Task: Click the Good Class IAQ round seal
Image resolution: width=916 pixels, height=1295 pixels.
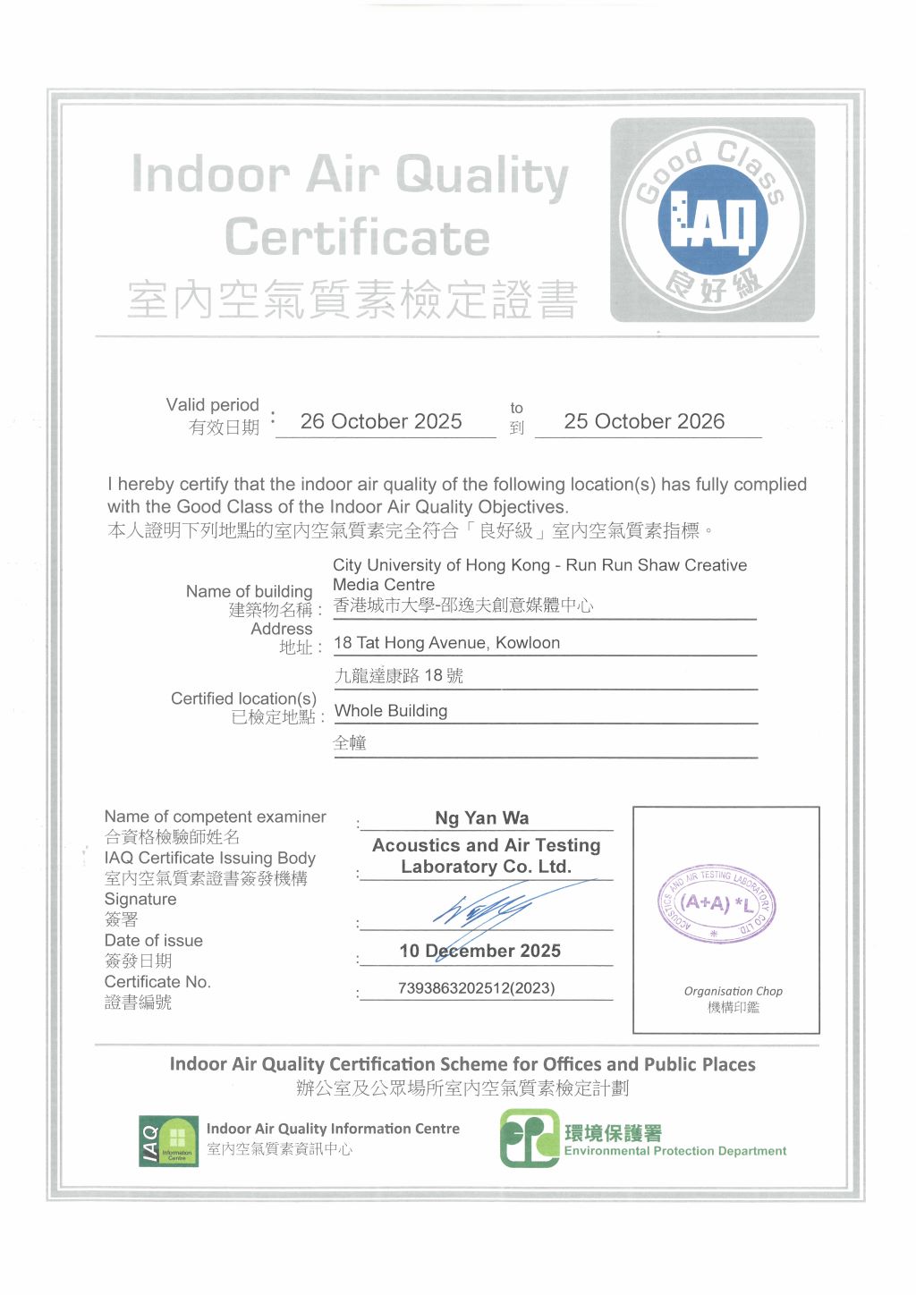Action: [712, 220]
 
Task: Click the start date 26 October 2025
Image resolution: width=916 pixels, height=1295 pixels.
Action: [381, 421]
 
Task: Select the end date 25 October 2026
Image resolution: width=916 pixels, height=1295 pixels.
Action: [644, 421]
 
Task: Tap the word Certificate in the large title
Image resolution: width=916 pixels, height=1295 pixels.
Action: [357, 238]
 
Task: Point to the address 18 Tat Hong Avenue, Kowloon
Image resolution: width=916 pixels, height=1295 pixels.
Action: [446, 643]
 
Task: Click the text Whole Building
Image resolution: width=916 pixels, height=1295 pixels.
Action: [391, 711]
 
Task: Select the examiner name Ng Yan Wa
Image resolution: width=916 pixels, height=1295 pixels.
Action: [482, 817]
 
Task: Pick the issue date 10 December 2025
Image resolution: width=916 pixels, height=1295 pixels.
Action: [480, 951]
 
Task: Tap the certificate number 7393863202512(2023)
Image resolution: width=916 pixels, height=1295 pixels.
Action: [476, 988]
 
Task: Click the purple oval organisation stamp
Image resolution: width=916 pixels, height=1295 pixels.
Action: [716, 904]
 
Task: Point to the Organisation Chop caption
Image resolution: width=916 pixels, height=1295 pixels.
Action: [733, 991]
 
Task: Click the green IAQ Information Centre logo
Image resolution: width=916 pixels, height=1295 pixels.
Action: [168, 1141]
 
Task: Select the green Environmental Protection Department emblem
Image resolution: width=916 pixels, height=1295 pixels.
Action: [529, 1138]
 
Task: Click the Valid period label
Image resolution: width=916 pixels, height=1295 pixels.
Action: [212, 405]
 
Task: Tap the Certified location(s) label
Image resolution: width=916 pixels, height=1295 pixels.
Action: [243, 698]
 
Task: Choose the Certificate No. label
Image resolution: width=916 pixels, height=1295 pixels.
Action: [157, 982]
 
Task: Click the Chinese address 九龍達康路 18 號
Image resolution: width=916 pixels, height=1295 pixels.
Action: [399, 676]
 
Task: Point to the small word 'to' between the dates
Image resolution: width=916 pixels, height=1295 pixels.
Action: [516, 408]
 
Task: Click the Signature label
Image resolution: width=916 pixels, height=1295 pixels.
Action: [140, 899]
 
